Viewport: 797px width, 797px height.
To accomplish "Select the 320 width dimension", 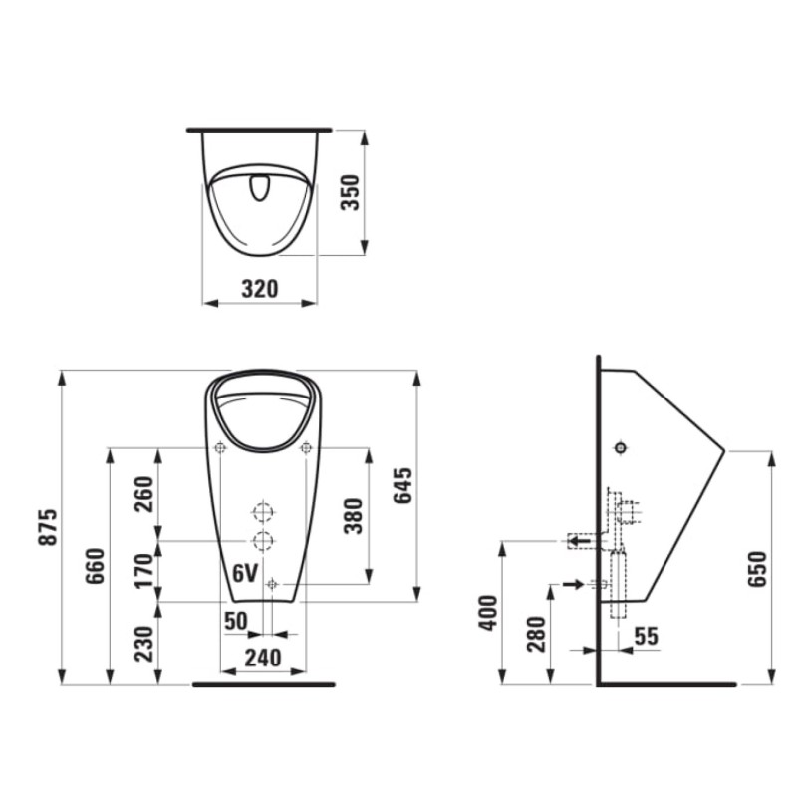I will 260,289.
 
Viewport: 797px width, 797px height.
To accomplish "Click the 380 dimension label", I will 352,514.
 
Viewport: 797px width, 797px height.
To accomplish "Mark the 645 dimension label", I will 400,485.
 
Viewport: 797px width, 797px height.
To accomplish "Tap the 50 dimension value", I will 235,621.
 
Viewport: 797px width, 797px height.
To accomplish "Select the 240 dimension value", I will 262,657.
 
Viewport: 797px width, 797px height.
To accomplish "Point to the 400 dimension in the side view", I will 486,613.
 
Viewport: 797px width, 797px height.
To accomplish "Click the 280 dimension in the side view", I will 535,635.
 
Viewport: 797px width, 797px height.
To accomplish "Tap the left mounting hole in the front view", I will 220,448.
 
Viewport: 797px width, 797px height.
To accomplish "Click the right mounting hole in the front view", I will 306,448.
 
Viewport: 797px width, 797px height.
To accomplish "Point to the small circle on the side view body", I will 621,448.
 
